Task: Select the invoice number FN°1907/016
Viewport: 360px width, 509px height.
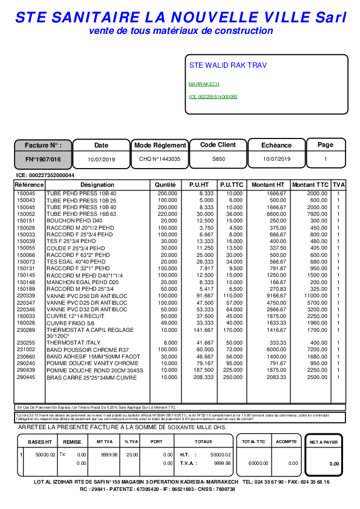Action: pos(43,159)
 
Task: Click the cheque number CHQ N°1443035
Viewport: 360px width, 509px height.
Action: pos(160,159)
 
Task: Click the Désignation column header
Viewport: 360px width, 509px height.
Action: pos(97,184)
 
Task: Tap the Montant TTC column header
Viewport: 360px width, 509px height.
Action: pos(310,184)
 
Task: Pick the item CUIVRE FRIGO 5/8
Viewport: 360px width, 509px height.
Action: pos(71,324)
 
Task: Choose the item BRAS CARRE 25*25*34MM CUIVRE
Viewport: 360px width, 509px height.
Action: pos(91,377)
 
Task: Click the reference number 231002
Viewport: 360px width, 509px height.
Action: pos(26,350)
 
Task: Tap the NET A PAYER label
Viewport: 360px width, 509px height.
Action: pos(324,443)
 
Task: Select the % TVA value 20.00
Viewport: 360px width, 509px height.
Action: pos(131,455)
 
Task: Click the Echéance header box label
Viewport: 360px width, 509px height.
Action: pos(276,146)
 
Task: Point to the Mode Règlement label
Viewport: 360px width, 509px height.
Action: pos(160,146)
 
